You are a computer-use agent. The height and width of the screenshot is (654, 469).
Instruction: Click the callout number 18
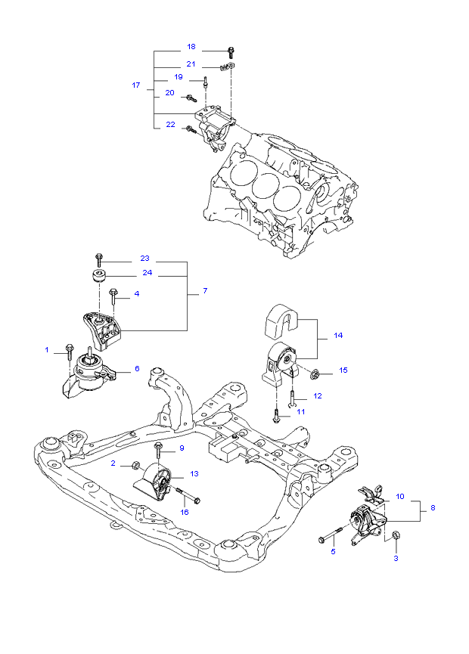click(x=191, y=47)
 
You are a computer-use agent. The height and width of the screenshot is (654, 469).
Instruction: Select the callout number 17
click(x=136, y=85)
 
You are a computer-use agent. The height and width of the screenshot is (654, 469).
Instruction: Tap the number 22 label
click(x=170, y=125)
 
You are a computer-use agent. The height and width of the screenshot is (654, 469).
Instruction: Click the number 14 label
click(x=337, y=335)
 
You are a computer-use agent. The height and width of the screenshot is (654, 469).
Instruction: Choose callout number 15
click(x=343, y=370)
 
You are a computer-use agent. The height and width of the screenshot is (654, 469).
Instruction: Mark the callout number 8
click(x=433, y=508)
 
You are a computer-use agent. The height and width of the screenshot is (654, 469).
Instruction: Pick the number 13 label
click(x=194, y=474)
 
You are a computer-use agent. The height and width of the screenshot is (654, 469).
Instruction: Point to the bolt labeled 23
click(x=98, y=259)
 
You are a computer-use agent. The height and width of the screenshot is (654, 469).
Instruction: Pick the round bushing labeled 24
click(x=98, y=273)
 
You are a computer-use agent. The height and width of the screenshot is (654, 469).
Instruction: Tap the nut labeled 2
click(x=136, y=464)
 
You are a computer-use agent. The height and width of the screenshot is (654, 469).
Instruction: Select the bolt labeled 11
click(x=276, y=414)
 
